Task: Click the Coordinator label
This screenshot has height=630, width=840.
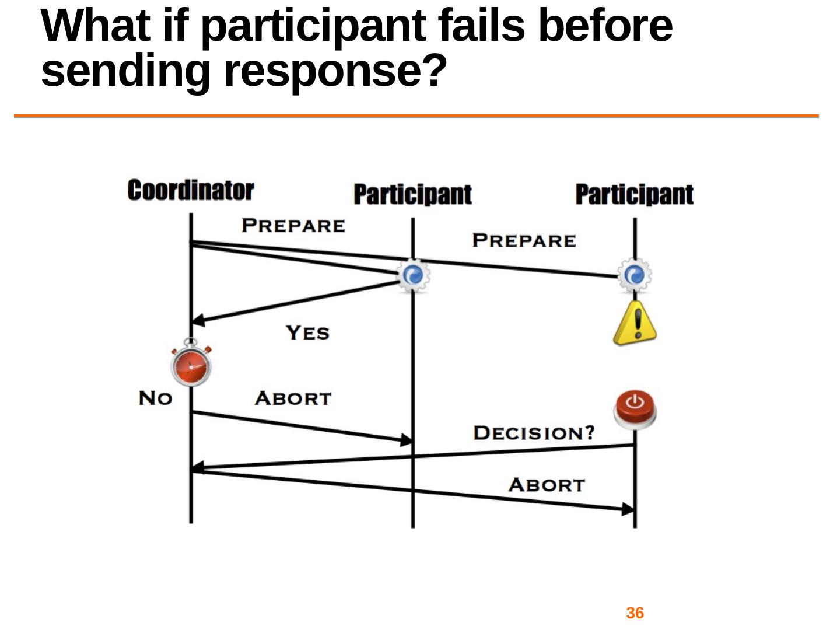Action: [x=190, y=191]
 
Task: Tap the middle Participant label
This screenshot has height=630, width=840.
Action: [x=412, y=194]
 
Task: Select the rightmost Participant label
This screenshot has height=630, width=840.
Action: [x=634, y=194]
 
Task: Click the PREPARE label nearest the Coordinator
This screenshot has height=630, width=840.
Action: [x=293, y=226]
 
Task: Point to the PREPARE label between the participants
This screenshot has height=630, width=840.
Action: [x=524, y=240]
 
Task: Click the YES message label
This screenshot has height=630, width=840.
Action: [x=307, y=332]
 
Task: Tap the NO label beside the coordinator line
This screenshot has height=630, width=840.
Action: [x=155, y=398]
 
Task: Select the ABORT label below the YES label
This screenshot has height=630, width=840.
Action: [x=293, y=398]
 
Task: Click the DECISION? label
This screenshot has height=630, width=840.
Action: [x=534, y=433]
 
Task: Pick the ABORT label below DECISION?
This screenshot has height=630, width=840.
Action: [x=546, y=485]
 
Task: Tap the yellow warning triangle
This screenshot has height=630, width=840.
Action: [x=635, y=324]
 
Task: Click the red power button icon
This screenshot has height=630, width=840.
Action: [x=635, y=409]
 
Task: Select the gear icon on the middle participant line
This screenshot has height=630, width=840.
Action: [x=413, y=275]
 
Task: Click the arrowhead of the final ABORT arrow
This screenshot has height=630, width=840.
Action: [x=628, y=509]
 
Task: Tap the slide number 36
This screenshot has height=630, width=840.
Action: [x=635, y=613]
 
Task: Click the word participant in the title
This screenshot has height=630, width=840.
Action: [x=313, y=26]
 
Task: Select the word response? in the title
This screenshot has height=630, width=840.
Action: [x=335, y=71]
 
